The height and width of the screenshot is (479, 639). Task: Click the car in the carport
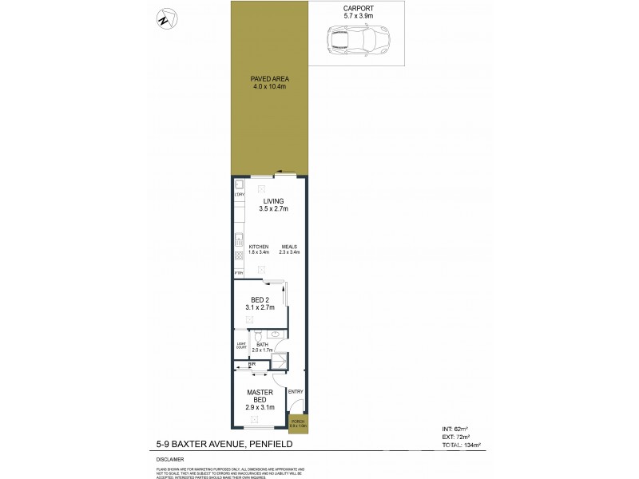click(x=356, y=40)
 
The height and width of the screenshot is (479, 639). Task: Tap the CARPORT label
click(x=356, y=10)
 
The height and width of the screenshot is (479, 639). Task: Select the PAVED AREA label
click(x=270, y=82)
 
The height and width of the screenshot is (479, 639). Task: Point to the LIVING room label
click(x=272, y=204)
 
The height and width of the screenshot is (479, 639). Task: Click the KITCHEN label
click(x=259, y=249)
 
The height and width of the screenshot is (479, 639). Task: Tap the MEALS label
click(x=288, y=249)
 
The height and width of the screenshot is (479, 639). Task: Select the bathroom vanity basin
click(x=274, y=336)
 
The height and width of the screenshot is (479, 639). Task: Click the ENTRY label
click(x=295, y=390)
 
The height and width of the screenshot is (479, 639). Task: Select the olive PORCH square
click(x=298, y=424)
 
